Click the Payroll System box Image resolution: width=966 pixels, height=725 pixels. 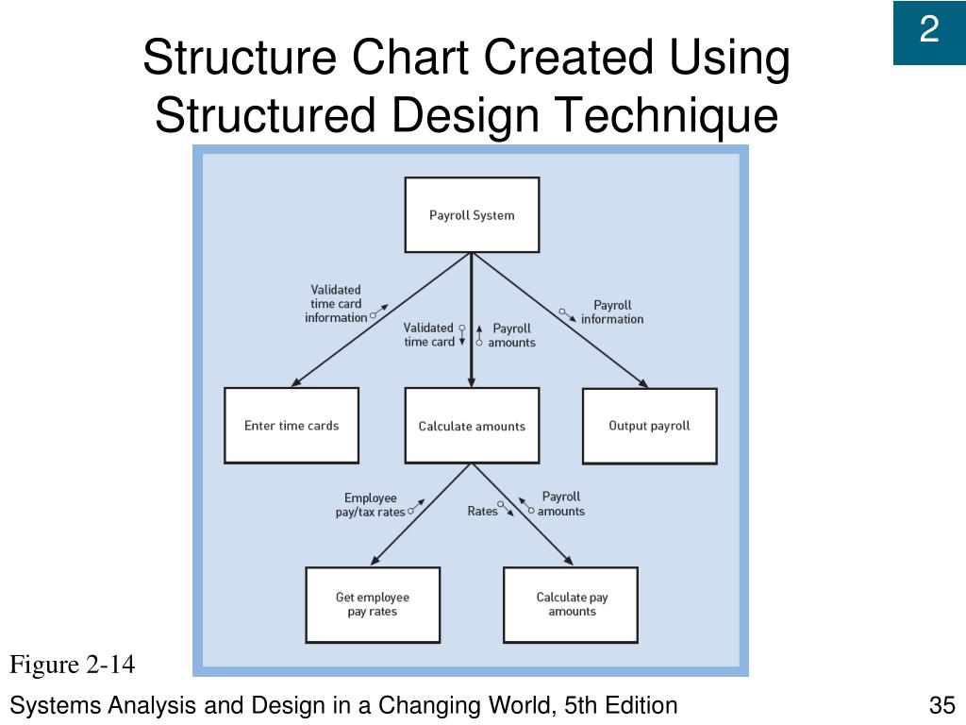point(472,215)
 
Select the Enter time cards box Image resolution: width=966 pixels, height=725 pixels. point(291,426)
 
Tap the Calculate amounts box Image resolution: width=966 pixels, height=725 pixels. point(472,426)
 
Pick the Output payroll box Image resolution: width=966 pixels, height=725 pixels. point(649,426)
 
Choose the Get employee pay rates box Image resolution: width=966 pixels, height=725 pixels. point(373,604)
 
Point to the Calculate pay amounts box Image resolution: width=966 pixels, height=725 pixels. point(572,604)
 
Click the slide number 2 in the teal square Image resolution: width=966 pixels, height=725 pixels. point(929,31)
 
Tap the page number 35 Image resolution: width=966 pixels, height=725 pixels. point(941,705)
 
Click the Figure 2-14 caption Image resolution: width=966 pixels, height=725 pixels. point(73,666)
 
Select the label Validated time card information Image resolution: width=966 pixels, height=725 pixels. point(336,304)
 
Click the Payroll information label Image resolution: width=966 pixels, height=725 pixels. point(612,312)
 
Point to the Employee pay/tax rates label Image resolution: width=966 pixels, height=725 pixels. point(371,505)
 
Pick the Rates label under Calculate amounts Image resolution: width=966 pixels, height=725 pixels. point(482,512)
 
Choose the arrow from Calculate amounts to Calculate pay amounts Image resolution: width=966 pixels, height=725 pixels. point(525,517)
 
